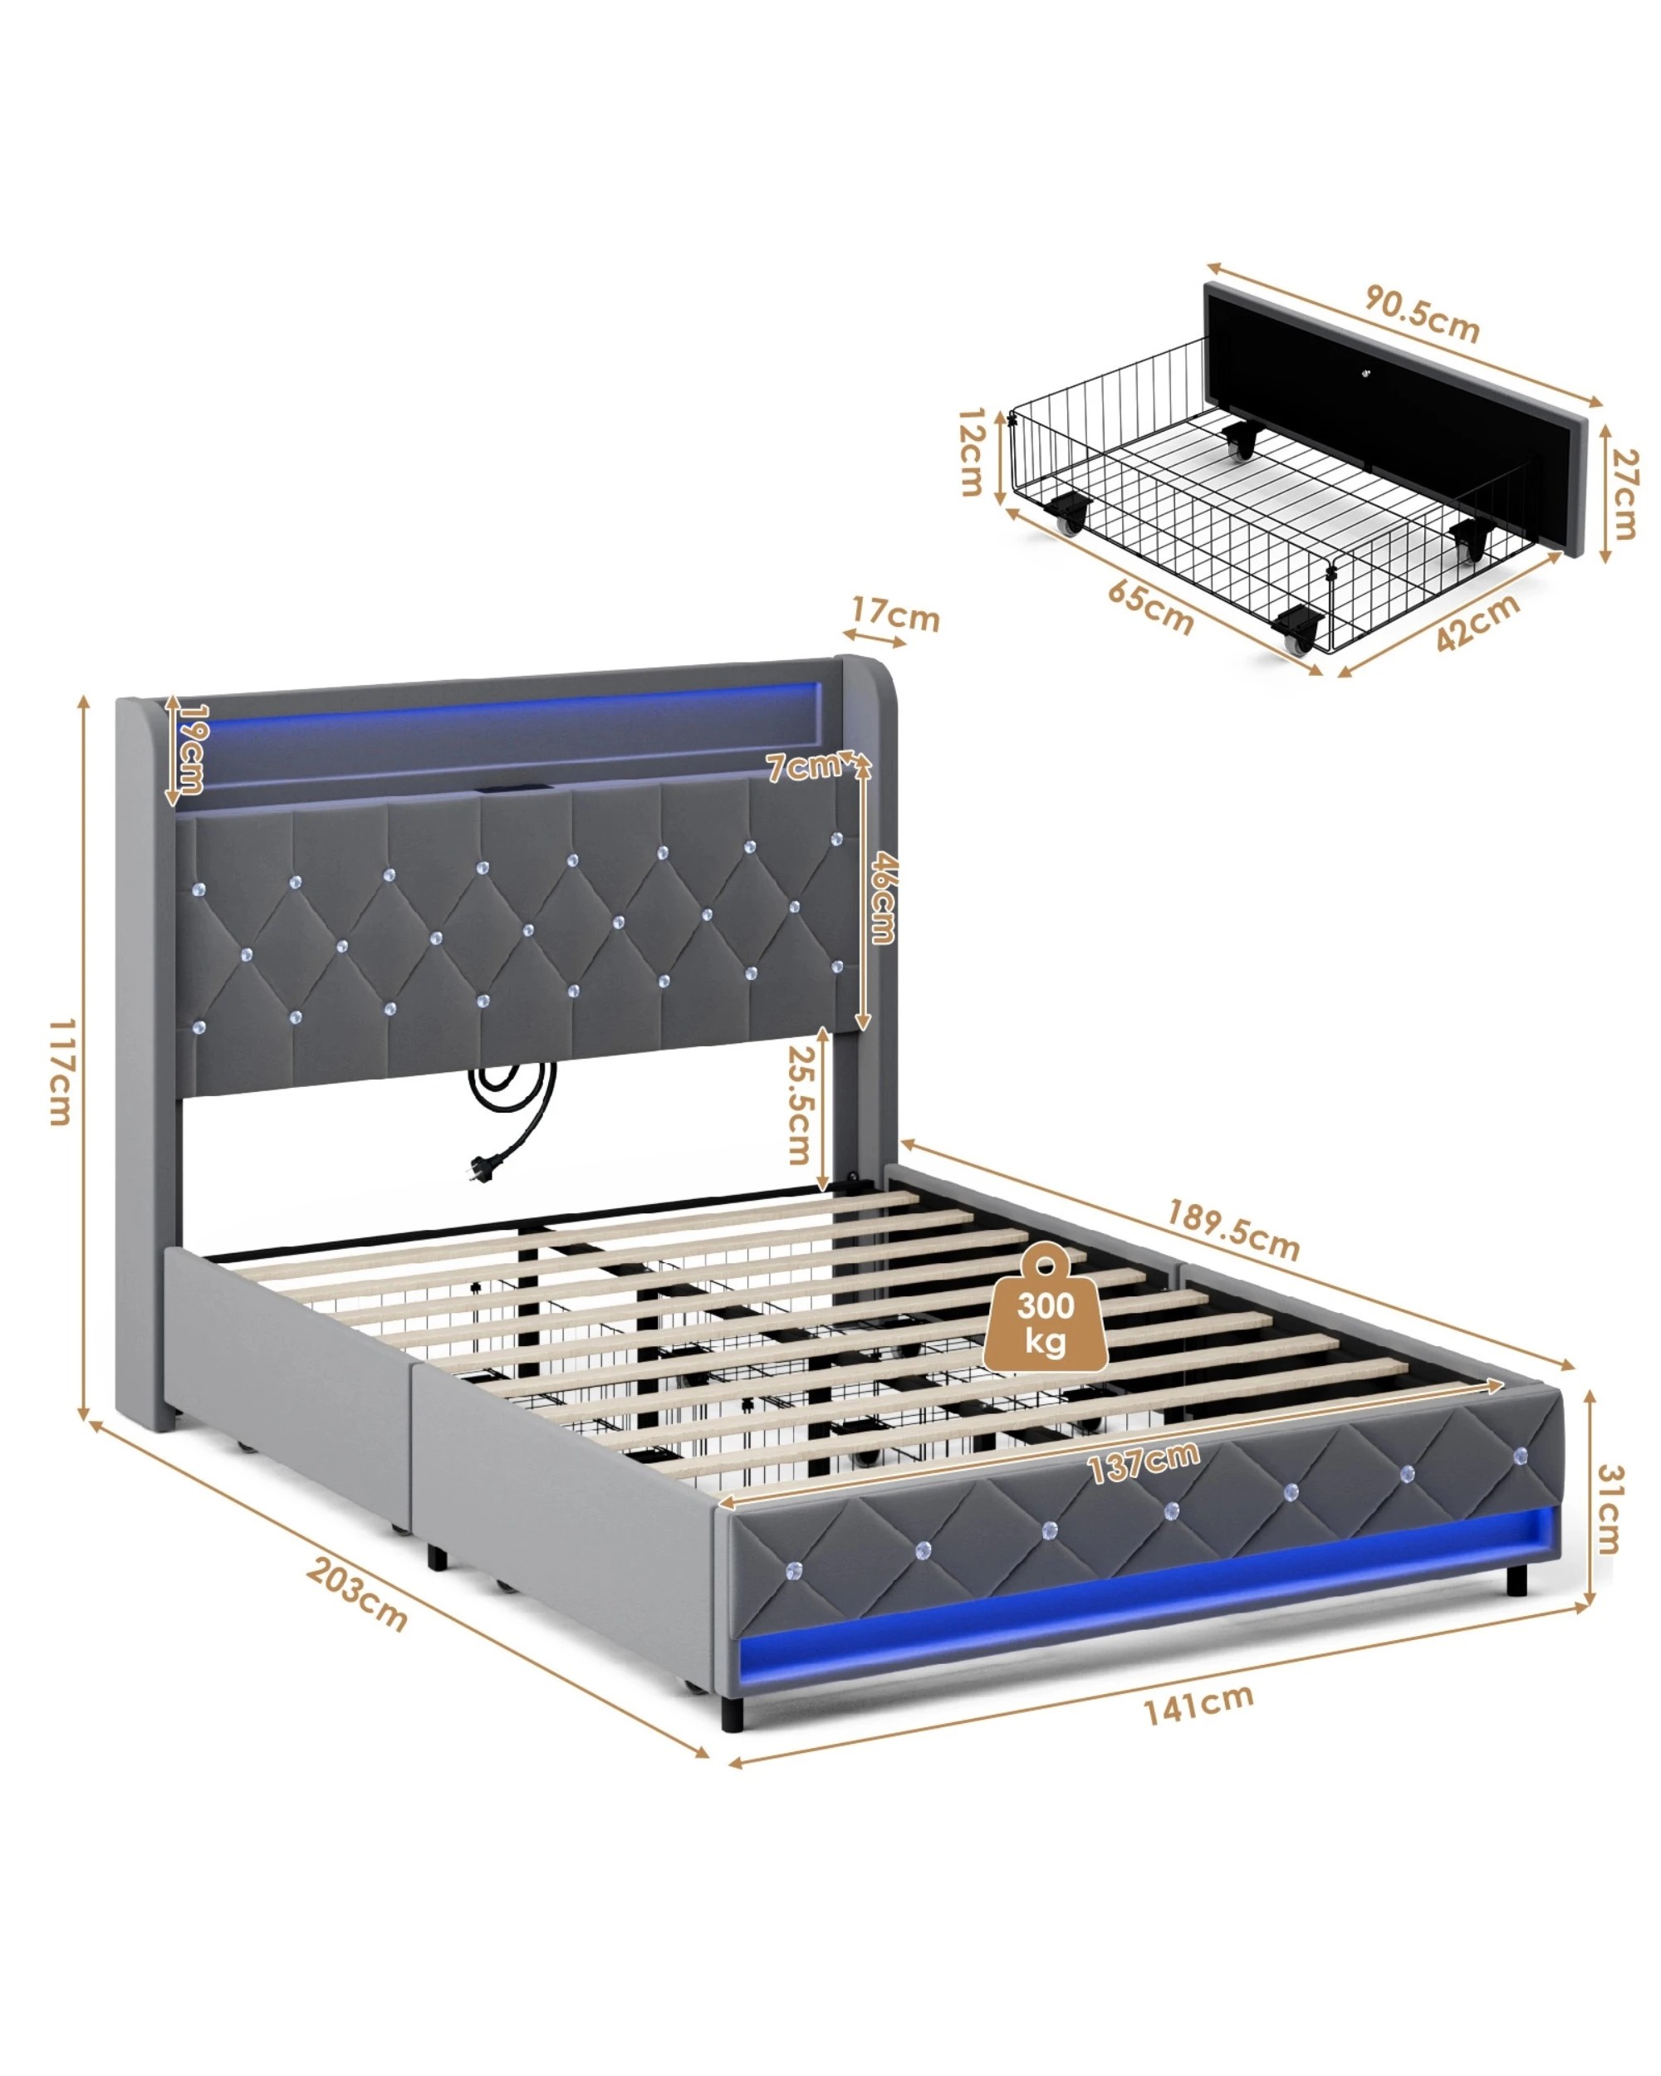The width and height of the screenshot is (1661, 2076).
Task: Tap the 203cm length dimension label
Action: coord(357,1594)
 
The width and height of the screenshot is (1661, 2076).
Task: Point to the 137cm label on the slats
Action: coord(1144,1462)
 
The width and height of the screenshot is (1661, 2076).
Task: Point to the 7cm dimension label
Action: coord(802,767)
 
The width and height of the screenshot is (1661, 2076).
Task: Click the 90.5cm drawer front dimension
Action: coord(1421,315)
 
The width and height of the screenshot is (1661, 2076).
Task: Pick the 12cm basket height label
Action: coord(972,452)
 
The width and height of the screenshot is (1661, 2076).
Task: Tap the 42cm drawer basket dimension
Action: coord(1477,622)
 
